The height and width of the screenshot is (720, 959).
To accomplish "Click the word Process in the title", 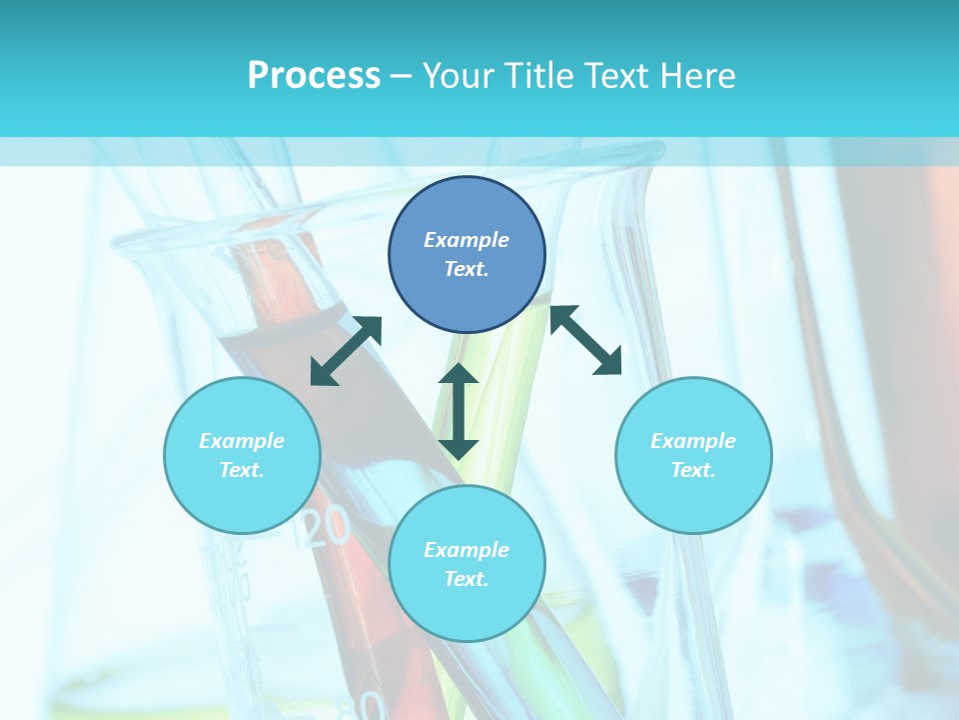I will pyautogui.click(x=314, y=76).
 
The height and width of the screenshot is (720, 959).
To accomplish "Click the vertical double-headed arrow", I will pyautogui.click(x=459, y=410).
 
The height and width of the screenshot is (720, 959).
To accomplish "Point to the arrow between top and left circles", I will pyautogui.click(x=346, y=351).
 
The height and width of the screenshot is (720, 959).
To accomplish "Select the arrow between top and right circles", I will pyautogui.click(x=586, y=340).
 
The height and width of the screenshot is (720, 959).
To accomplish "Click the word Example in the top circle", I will pyautogui.click(x=467, y=240).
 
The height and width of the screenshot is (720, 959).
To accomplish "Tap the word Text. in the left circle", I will pyautogui.click(x=242, y=470).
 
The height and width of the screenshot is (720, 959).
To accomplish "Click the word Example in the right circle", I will pyautogui.click(x=693, y=441).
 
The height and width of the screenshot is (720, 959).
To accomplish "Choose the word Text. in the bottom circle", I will pyautogui.click(x=467, y=579).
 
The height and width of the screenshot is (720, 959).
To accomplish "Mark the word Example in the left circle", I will pyautogui.click(x=242, y=441).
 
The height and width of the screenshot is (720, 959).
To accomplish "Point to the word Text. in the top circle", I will pyautogui.click(x=467, y=269).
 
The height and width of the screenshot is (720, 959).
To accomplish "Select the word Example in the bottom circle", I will pyautogui.click(x=467, y=550).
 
